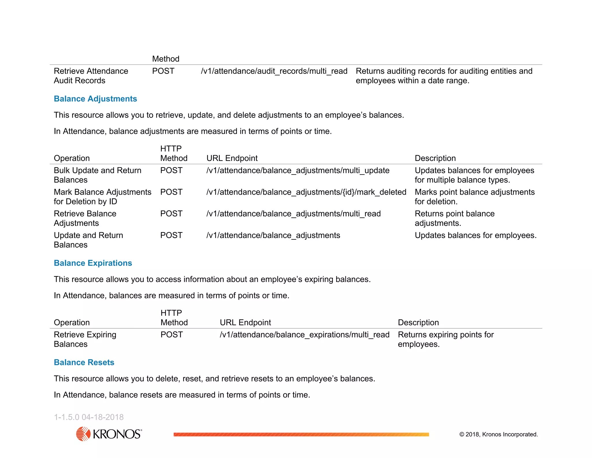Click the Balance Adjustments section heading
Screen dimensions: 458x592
95,99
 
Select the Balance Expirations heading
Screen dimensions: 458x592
93,263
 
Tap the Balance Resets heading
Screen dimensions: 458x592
84,362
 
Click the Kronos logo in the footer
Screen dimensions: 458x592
109,434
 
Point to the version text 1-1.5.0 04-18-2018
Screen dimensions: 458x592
89,417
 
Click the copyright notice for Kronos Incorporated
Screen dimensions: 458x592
498,434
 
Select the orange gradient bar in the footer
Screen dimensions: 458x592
301,434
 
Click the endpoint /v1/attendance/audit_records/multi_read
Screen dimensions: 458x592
274,71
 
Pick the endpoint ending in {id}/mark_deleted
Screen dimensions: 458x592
306,192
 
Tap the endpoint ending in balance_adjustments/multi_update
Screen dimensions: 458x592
298,171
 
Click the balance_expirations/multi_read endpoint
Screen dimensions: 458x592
304,335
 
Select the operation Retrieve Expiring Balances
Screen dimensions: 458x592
85,339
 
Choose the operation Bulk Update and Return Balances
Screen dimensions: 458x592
97,175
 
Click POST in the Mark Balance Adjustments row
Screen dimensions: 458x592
171,192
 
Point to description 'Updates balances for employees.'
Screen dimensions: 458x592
476,235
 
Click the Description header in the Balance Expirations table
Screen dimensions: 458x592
418,323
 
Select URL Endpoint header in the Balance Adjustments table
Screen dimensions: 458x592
232,158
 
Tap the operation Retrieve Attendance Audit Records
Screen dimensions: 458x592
91,76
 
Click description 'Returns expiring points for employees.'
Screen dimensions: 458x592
445,339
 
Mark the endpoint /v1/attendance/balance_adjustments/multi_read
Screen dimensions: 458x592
293,214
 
